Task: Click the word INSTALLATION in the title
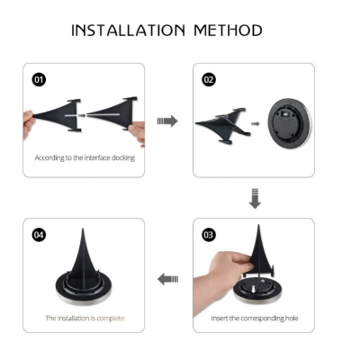click(128, 31)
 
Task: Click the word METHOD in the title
click(228, 31)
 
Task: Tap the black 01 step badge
click(39, 80)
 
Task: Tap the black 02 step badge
click(209, 80)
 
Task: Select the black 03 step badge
click(209, 235)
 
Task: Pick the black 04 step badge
click(39, 235)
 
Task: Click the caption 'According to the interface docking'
click(85, 157)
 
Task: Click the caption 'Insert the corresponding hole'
click(255, 318)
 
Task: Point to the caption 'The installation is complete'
click(85, 318)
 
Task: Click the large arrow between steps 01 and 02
click(167, 121)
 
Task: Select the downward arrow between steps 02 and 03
click(255, 198)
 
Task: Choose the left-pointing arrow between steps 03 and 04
click(168, 279)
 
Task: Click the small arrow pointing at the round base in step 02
click(256, 123)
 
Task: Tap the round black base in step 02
click(290, 123)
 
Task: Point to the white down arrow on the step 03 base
click(254, 290)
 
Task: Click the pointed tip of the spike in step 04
click(83, 229)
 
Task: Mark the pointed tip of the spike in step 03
click(258, 225)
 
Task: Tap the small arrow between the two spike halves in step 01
click(82, 115)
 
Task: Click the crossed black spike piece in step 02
click(223, 124)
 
